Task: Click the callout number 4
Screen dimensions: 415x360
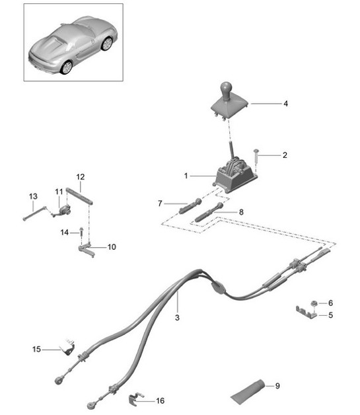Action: coord(285,104)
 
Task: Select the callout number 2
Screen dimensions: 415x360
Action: coord(285,156)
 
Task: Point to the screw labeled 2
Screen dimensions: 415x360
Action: coord(256,156)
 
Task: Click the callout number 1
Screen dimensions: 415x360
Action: coord(186,176)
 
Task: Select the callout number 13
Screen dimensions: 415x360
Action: coord(33,196)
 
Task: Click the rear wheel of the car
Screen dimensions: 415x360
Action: coord(66,67)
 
